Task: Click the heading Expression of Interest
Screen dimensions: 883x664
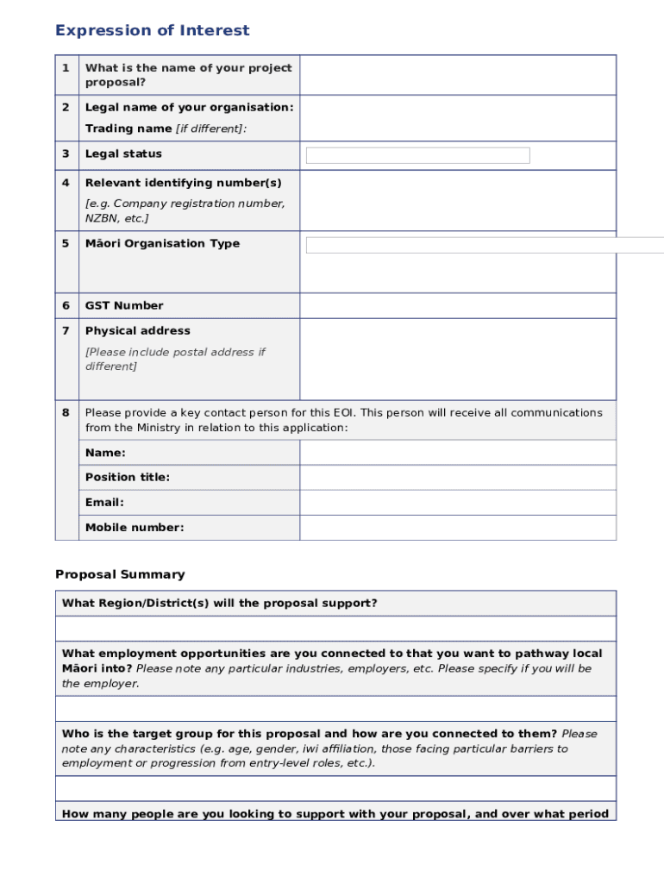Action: click(152, 31)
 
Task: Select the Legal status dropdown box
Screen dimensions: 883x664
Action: click(417, 155)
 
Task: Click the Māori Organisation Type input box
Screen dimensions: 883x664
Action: click(483, 245)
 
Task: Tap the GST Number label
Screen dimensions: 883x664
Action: click(124, 306)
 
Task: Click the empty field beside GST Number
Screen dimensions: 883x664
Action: click(457, 306)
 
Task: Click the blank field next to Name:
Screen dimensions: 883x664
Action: click(457, 453)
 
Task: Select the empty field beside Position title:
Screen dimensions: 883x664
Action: click(457, 478)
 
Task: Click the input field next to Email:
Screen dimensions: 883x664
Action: click(457, 503)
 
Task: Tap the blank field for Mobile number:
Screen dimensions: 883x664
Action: click(457, 528)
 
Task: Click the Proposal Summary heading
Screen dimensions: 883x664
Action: click(120, 574)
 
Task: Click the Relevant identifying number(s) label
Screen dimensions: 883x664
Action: click(183, 184)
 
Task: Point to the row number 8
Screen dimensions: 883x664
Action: click(66, 413)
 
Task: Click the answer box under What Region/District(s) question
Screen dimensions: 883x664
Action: click(335, 629)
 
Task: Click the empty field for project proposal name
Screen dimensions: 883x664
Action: click(457, 75)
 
